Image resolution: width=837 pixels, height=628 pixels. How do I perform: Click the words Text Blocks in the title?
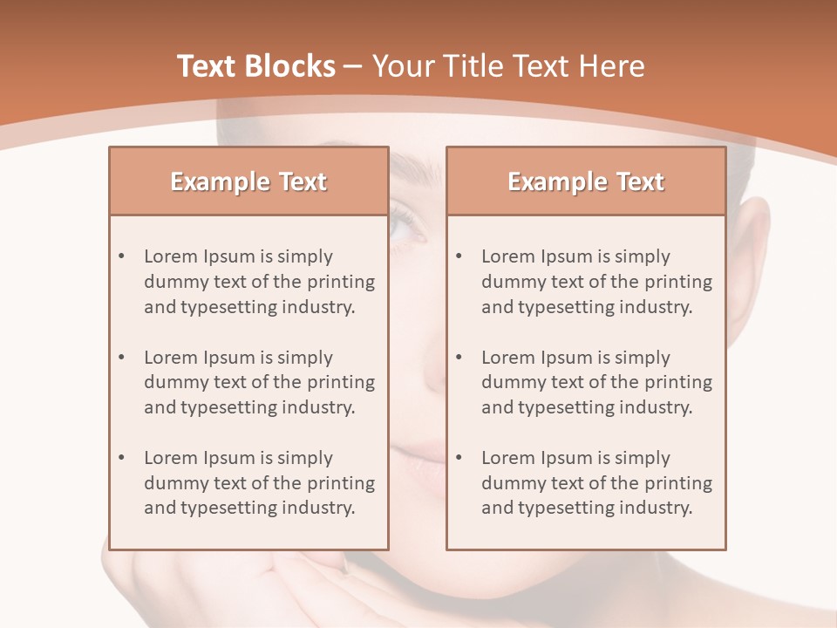[x=256, y=66]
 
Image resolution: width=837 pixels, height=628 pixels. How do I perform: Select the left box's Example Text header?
[x=248, y=181]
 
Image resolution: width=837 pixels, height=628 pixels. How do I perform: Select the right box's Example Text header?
[x=586, y=181]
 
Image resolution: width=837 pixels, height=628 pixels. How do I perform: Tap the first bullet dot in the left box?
[x=121, y=256]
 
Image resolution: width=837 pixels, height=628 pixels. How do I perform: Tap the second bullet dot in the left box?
[x=121, y=358]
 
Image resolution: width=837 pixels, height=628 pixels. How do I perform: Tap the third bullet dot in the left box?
[x=121, y=458]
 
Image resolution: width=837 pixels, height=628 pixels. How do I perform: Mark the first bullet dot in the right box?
[x=459, y=256]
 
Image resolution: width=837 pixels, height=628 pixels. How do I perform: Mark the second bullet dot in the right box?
[x=459, y=358]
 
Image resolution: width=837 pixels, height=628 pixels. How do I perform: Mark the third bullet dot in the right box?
[x=459, y=458]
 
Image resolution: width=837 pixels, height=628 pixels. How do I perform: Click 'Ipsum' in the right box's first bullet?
[x=567, y=256]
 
